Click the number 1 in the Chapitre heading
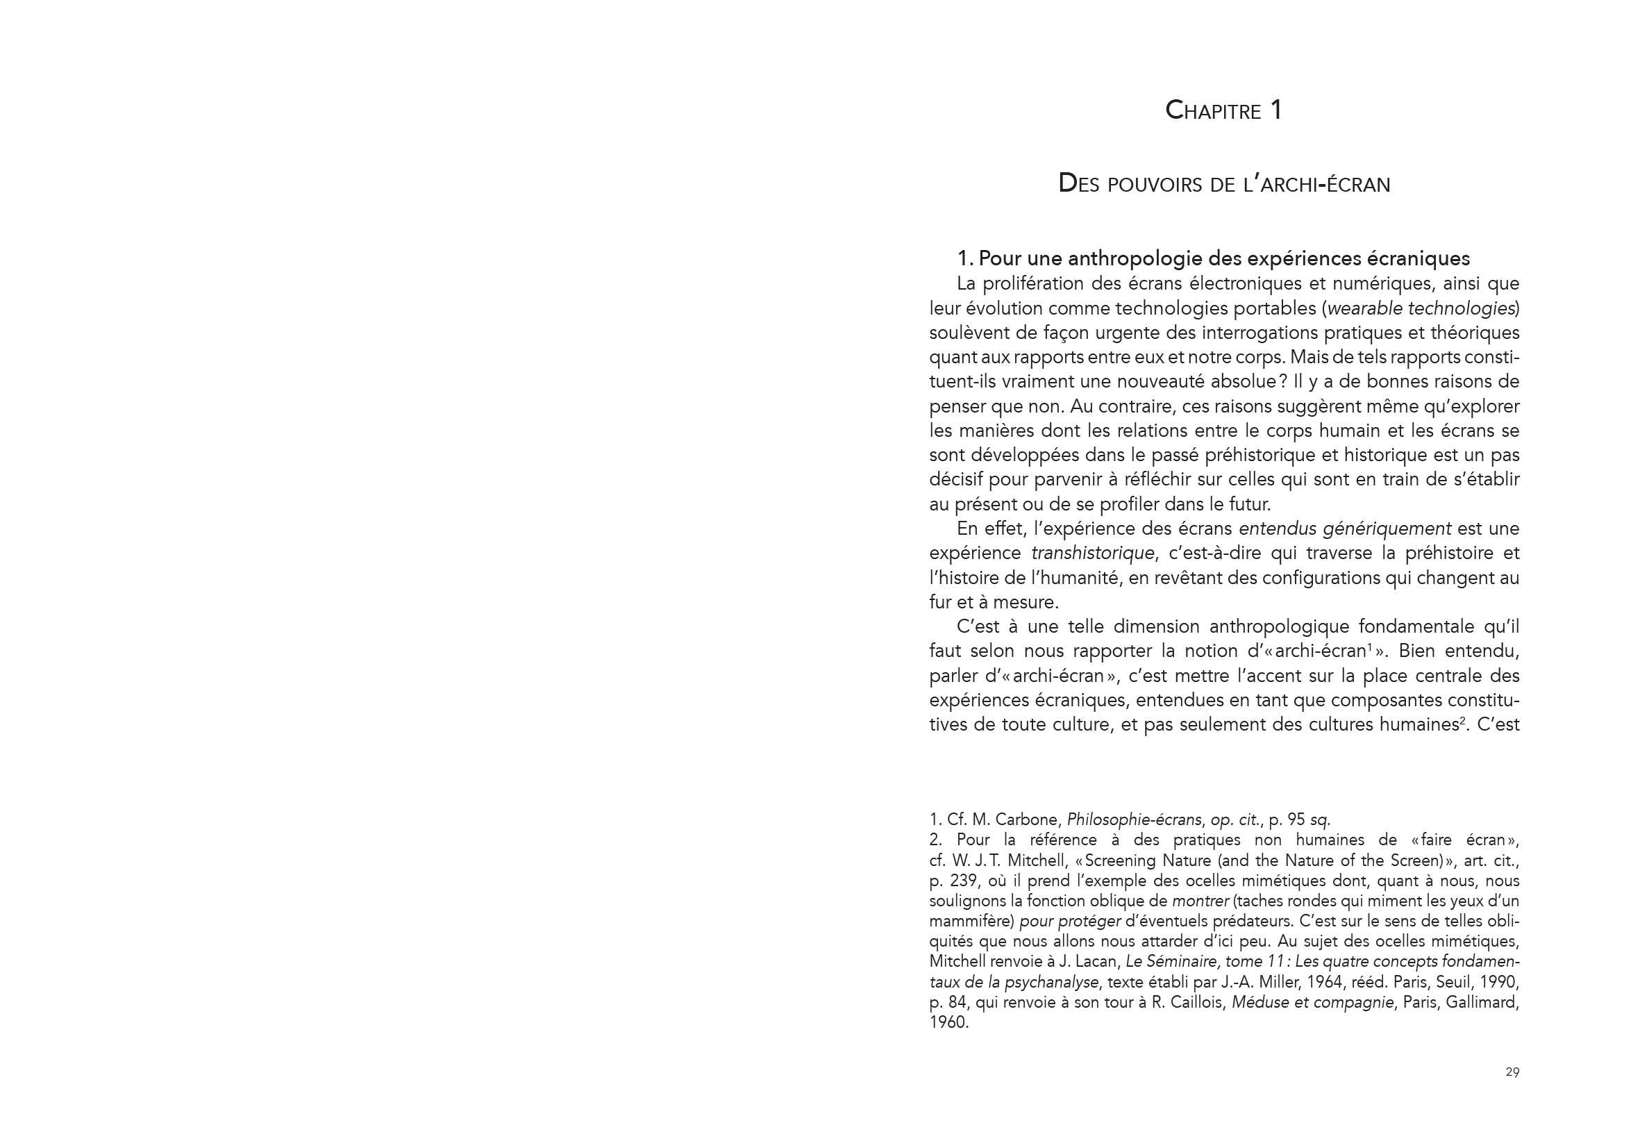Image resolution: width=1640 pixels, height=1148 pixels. click(x=1275, y=110)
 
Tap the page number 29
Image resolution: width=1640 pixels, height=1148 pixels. click(x=1512, y=1072)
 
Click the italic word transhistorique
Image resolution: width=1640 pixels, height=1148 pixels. click(x=1092, y=553)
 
